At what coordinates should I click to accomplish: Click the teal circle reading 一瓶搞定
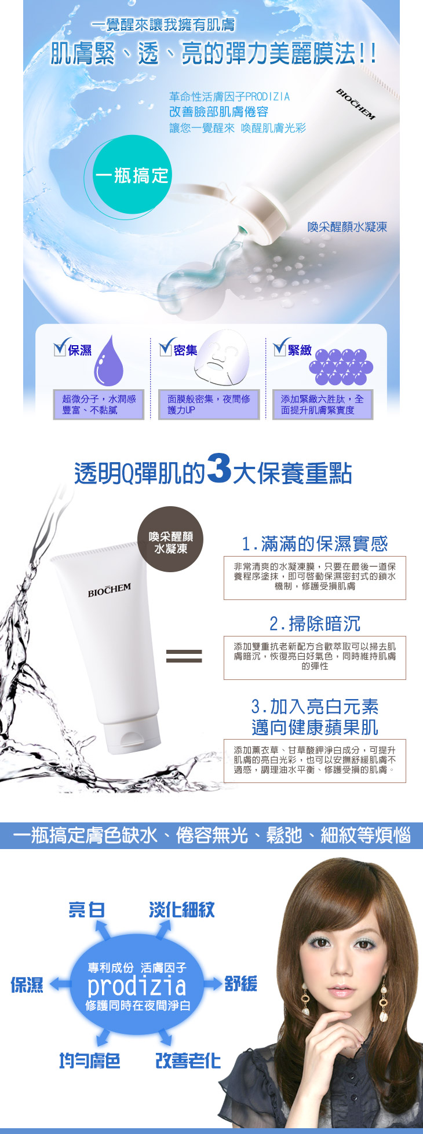[x=132, y=174]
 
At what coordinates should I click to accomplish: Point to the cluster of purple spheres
[x=341, y=367]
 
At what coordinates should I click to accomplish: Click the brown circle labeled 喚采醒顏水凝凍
[x=170, y=539]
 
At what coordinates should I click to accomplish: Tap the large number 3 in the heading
[x=219, y=469]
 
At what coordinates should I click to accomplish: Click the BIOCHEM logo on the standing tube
[x=110, y=590]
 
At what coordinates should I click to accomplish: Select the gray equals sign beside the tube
[x=184, y=656]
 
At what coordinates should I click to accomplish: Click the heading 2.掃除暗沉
[x=315, y=624]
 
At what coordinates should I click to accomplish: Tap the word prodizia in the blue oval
[x=137, y=985]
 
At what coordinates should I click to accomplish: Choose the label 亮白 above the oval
[x=86, y=910]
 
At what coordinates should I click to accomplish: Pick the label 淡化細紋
[x=182, y=910]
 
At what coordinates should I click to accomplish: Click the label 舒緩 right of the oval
[x=240, y=983]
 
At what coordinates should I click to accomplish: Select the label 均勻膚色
[x=90, y=1060]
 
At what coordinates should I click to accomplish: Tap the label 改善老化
[x=188, y=1060]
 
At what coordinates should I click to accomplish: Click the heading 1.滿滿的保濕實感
[x=315, y=544]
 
